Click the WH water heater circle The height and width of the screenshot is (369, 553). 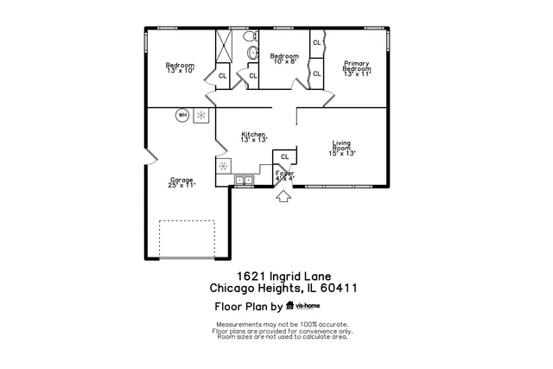[182, 114]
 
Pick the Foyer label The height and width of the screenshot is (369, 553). [284, 174]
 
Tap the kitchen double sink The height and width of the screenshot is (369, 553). [244, 181]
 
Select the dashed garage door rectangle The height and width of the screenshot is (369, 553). [187, 237]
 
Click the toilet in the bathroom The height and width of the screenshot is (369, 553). [252, 53]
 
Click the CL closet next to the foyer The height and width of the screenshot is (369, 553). [284, 156]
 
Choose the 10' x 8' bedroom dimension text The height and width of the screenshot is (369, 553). [285, 61]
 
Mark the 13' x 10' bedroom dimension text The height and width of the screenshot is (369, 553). [180, 70]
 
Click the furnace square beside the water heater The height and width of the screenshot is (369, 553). [200, 114]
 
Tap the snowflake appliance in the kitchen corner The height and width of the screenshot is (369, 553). [223, 164]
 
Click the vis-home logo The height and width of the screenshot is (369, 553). [303, 305]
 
